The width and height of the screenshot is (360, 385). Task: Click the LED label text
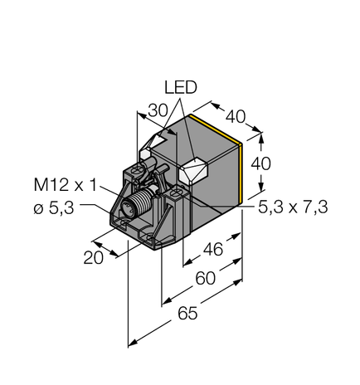pyautogui.click(x=181, y=86)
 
